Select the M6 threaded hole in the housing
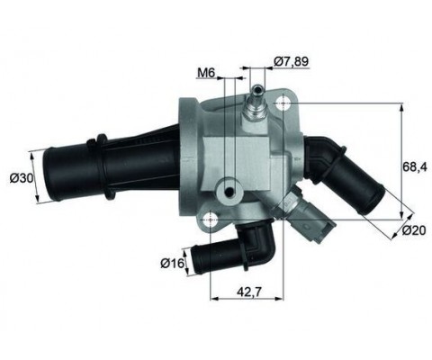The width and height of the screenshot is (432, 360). click(232, 192)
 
